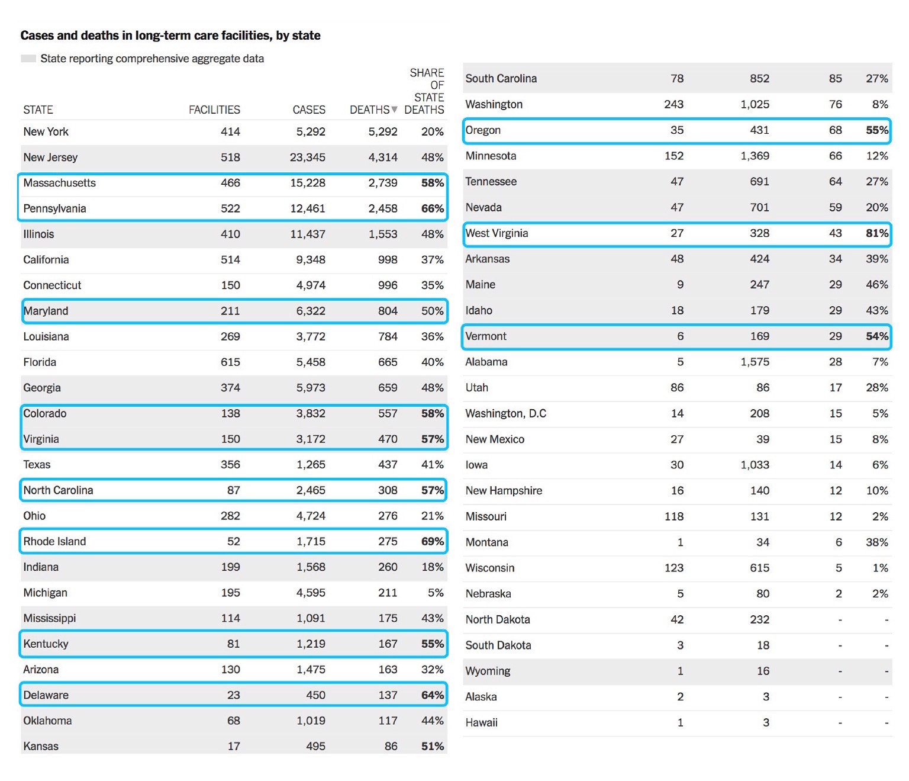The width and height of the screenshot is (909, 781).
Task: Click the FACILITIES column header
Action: pos(214,110)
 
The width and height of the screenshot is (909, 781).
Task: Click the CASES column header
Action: pos(309,110)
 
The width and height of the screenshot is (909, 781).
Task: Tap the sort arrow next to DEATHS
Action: pos(395,110)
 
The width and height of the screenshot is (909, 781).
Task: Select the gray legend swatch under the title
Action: pos(28,59)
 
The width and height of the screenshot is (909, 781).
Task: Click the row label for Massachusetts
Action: pos(60,183)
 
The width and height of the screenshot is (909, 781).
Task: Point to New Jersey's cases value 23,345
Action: pos(308,158)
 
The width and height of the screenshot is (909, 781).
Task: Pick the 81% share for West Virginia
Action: pos(877,233)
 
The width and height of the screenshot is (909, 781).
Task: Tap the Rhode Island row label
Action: pos(54,541)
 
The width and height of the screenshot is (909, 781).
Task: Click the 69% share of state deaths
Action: pos(433,541)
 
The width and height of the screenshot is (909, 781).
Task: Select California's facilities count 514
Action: pos(230,260)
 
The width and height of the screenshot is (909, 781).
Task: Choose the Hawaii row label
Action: pos(482,722)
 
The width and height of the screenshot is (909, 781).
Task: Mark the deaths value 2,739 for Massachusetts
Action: pos(383,183)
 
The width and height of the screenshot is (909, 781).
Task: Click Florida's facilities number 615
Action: pos(230,362)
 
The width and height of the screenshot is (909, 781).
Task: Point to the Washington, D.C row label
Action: pos(506,413)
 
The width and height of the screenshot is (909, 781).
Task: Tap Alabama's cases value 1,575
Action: pos(755,362)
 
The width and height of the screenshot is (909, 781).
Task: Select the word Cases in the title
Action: pos(37,36)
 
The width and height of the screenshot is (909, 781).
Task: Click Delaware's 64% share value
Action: pos(433,695)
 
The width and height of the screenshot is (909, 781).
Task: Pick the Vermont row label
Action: pos(486,336)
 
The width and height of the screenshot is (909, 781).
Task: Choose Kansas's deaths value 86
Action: pos(391,746)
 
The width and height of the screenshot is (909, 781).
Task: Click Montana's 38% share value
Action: pos(877,542)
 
